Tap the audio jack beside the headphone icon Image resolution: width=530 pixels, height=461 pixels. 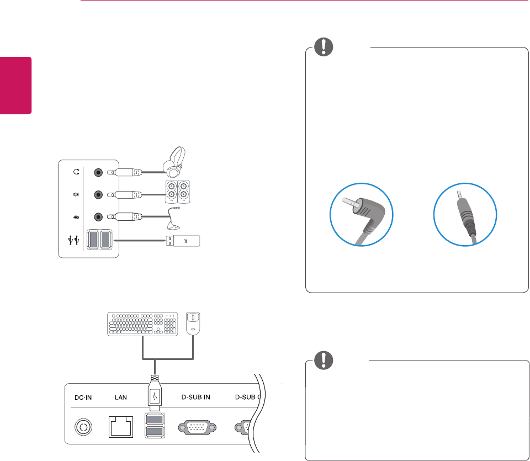tap(98, 172)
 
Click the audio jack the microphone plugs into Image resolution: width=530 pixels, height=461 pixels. tap(98, 216)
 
